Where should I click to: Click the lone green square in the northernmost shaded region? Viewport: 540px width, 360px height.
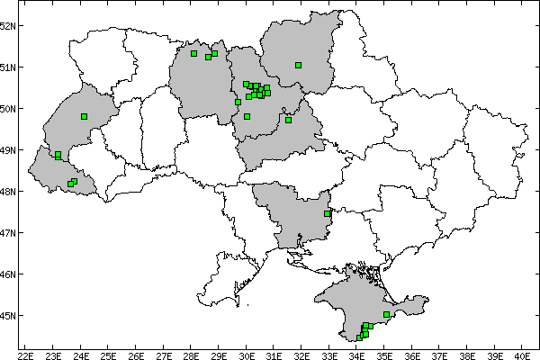(298, 65)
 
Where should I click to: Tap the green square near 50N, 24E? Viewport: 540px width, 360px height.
(84, 116)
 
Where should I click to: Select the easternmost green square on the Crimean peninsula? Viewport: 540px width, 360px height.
(386, 314)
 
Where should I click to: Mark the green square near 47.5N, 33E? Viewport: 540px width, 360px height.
(327, 213)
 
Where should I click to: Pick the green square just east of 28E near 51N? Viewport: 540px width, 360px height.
(193, 53)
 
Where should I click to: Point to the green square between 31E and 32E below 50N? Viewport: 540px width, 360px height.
(288, 120)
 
